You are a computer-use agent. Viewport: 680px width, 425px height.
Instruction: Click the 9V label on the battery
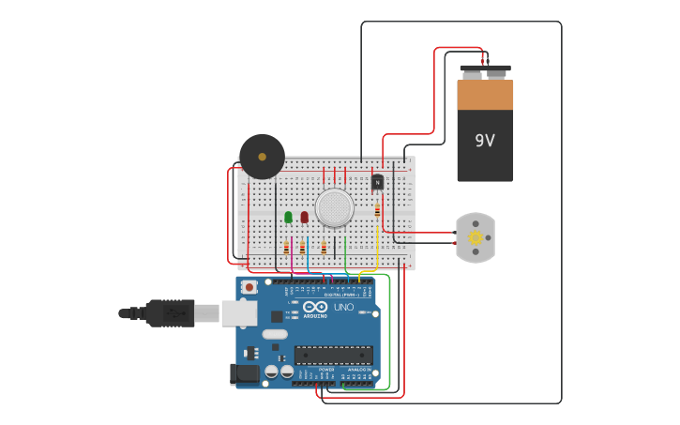(x=484, y=141)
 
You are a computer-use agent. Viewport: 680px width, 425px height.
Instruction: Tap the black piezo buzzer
(x=262, y=157)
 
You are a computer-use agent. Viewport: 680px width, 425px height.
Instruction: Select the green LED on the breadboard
(x=288, y=217)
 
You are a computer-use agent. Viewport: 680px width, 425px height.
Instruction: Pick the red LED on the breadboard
(x=304, y=217)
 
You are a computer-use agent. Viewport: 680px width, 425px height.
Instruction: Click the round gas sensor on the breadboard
(x=335, y=207)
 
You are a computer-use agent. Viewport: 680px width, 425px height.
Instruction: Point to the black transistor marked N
(x=377, y=182)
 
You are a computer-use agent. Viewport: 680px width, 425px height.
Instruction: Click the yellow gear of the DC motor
(x=476, y=237)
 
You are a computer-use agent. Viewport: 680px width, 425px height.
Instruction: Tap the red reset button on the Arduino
(x=249, y=287)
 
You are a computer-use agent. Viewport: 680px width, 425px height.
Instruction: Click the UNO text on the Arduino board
(x=344, y=308)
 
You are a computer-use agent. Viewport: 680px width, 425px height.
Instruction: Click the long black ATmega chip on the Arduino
(x=333, y=356)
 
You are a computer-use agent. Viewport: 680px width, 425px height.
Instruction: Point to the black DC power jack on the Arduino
(x=245, y=374)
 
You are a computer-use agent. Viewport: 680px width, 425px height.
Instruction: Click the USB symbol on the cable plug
(x=174, y=313)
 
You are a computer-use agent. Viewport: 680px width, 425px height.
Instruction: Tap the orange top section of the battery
(x=485, y=95)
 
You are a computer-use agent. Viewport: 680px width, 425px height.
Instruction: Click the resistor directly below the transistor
(x=377, y=210)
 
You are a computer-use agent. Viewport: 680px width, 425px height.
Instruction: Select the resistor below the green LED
(x=286, y=248)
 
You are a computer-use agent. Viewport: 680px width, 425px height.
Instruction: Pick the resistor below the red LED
(x=302, y=248)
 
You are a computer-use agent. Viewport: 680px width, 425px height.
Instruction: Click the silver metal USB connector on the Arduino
(x=238, y=312)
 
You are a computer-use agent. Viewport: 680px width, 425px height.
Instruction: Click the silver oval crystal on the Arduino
(x=275, y=334)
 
